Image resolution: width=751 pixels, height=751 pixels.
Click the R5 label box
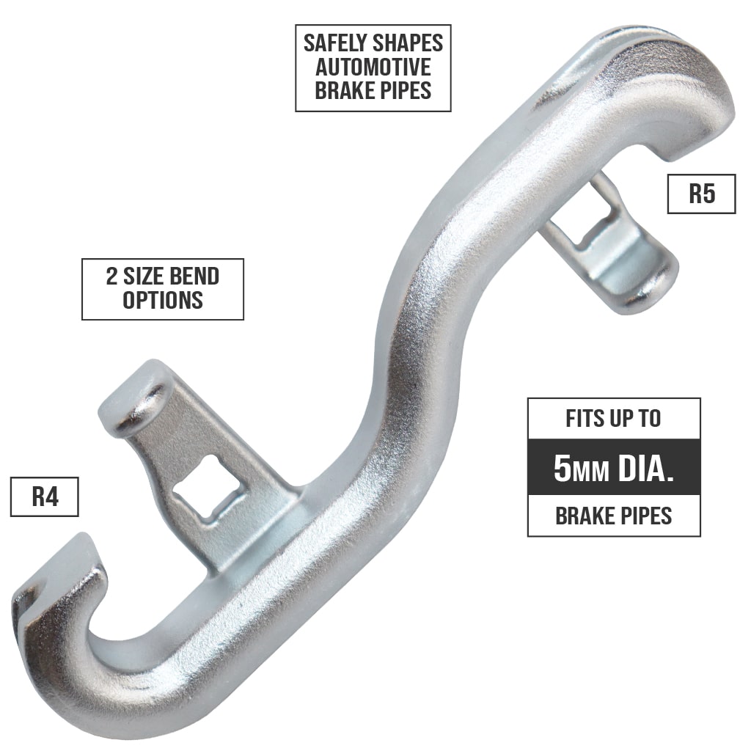pyautogui.click(x=701, y=194)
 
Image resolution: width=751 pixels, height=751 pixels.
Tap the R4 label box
pyautogui.click(x=44, y=497)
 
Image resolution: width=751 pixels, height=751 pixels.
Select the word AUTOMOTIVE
pyautogui.click(x=373, y=67)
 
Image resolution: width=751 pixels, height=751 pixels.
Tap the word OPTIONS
pyautogui.click(x=162, y=300)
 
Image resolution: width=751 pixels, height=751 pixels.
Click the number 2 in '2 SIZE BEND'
pyautogui.click(x=112, y=276)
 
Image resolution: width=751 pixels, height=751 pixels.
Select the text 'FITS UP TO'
pyautogui.click(x=613, y=419)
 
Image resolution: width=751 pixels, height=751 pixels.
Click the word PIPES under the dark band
pyautogui.click(x=642, y=516)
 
